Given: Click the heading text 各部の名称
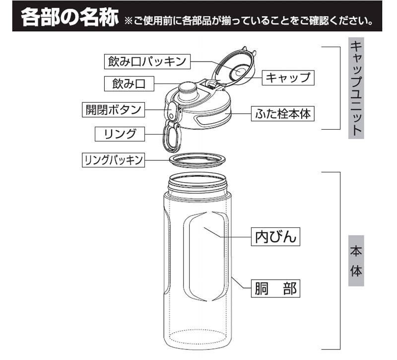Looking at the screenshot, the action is click(x=69, y=17).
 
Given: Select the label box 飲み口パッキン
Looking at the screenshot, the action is click(x=147, y=61).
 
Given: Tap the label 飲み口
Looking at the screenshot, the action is click(x=129, y=83).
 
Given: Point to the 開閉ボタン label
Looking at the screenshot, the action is click(x=113, y=110).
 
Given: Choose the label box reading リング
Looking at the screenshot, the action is click(x=120, y=134).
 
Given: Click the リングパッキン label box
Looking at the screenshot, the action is click(x=113, y=160).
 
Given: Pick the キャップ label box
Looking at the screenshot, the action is click(x=288, y=78).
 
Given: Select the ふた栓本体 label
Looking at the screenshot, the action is click(x=282, y=114).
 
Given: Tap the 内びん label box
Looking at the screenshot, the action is click(x=275, y=237).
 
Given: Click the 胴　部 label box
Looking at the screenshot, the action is click(x=275, y=288).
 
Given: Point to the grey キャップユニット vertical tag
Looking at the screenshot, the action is click(x=356, y=88).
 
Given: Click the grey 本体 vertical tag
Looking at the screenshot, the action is click(x=356, y=261).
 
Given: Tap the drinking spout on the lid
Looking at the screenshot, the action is click(x=188, y=91).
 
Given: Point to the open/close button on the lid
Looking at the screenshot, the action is click(x=171, y=111).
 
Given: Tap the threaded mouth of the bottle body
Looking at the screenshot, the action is click(x=197, y=184).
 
